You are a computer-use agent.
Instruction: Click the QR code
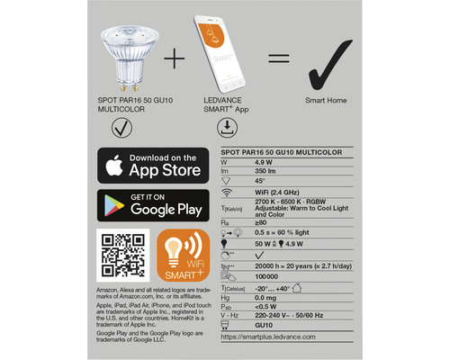[121, 252]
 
